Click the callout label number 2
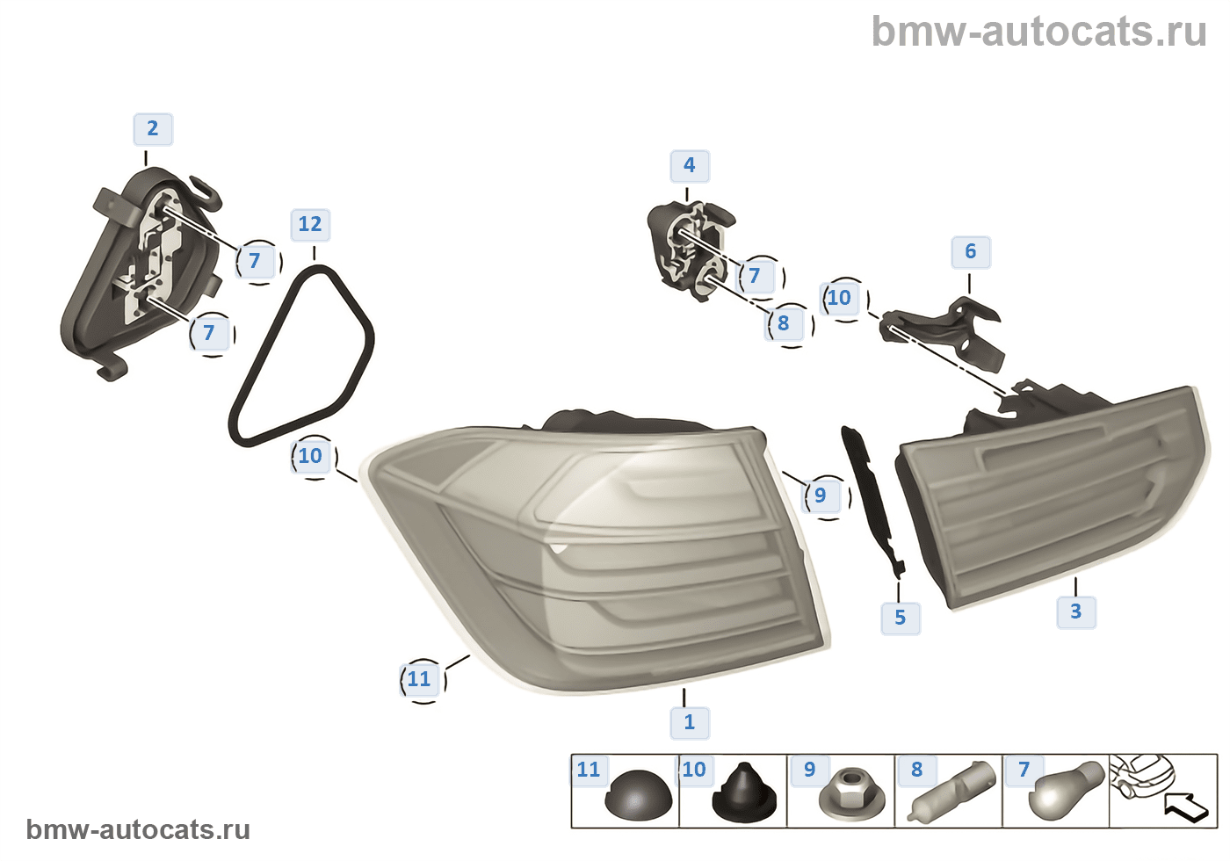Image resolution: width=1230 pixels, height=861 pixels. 153,129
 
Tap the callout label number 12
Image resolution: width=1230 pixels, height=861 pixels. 310,225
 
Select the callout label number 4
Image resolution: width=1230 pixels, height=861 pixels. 690,165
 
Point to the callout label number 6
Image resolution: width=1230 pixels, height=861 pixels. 971,252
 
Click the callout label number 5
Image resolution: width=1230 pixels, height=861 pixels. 901,618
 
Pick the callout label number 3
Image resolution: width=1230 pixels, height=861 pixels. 1076,611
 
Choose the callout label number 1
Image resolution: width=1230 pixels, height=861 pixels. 690,722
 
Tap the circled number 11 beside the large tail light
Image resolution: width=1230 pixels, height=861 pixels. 420,679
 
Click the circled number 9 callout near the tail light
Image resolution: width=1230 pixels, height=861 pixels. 821,496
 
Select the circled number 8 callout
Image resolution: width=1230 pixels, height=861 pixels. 784,323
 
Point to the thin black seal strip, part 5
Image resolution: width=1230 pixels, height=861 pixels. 870,501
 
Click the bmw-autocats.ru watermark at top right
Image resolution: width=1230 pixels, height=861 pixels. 1039,33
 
